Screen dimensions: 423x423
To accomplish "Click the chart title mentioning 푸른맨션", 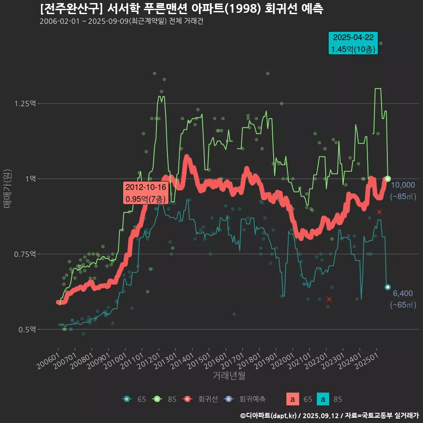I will pyautogui.click(x=181, y=9).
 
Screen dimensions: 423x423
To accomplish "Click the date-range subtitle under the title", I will pyautogui.click(x=121, y=22).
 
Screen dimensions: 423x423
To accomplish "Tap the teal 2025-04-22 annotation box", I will pyautogui.click(x=353, y=43).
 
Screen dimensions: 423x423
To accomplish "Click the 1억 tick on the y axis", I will pyautogui.click(x=31, y=179).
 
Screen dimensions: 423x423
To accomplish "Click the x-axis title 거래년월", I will pyautogui.click(x=229, y=376).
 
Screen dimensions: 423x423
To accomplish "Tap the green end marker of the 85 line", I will pyautogui.click(x=388, y=178).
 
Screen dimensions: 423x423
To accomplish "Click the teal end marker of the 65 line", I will pyautogui.click(x=388, y=287).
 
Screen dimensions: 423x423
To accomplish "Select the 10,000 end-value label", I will pyautogui.click(x=403, y=185).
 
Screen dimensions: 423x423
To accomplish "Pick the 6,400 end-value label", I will pyautogui.click(x=403, y=293).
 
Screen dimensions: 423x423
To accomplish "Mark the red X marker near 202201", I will pyautogui.click(x=329, y=299).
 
